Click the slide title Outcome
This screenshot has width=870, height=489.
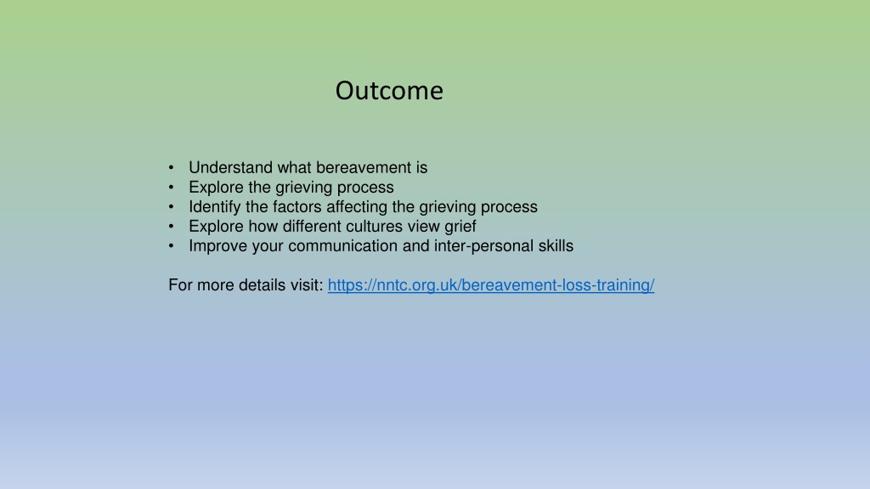pyautogui.click(x=389, y=90)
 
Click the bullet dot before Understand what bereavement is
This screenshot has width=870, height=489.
pyautogui.click(x=171, y=167)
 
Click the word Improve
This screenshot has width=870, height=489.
pyautogui.click(x=218, y=246)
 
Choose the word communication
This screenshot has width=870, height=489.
pyautogui.click(x=343, y=245)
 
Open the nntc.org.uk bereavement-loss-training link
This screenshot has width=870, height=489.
pyautogui.click(x=491, y=285)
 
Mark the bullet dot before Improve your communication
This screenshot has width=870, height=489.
pyautogui.click(x=171, y=245)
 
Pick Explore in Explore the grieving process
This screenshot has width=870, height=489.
pyautogui.click(x=216, y=188)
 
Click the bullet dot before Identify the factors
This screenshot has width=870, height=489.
pyautogui.click(x=171, y=207)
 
